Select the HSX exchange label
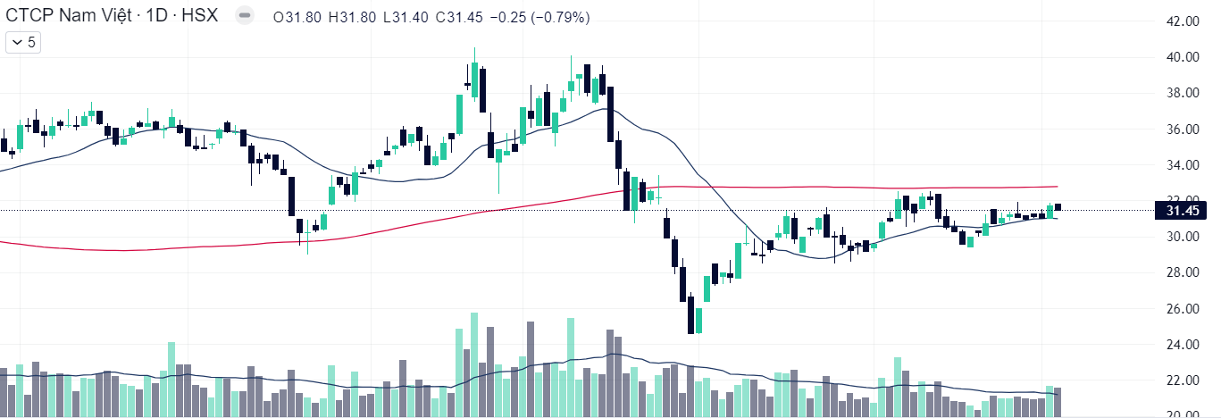pos(202,17)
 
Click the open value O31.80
pos(299,18)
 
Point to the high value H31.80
pos(353,18)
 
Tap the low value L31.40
pos(405,18)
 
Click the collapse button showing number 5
pos(24,42)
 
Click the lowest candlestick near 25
pos(691,316)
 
